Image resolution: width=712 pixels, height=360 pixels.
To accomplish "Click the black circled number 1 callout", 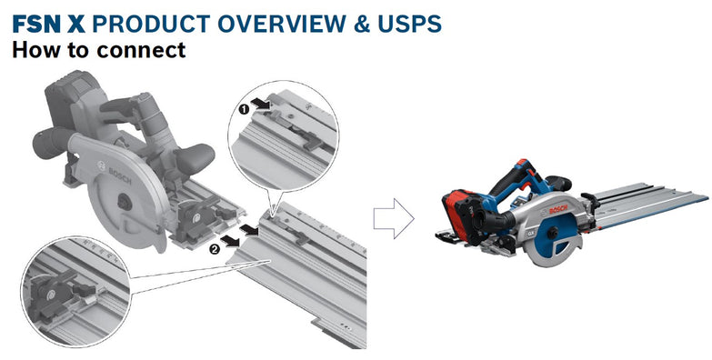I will [x=244, y=107].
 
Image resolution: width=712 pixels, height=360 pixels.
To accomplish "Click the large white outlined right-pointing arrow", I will [x=394, y=218].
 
